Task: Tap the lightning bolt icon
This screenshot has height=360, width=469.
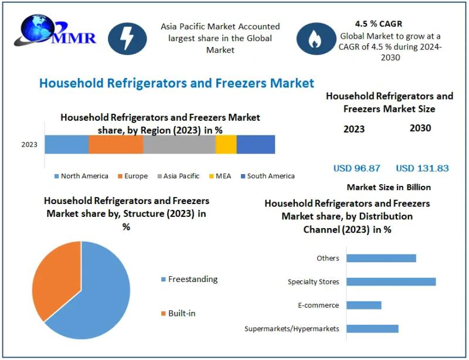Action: [x=128, y=39]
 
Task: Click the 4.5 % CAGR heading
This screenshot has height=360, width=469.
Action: [x=378, y=24]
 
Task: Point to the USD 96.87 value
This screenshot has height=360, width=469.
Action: [x=356, y=168]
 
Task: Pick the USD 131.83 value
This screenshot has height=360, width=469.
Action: [x=422, y=168]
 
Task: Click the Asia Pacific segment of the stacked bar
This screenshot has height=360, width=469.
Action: [x=179, y=144]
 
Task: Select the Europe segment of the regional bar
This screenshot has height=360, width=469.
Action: [x=116, y=144]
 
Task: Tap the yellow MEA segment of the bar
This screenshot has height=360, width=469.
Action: [x=226, y=144]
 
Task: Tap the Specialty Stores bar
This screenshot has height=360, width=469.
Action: [x=391, y=281]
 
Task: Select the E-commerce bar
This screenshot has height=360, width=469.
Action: [x=364, y=305]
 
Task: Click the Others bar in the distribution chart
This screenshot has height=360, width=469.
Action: [x=381, y=258]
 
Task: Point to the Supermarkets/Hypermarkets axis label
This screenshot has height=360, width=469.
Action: [x=292, y=328]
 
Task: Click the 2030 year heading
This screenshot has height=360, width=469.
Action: [x=420, y=128]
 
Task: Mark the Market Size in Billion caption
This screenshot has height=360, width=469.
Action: [x=389, y=188]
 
